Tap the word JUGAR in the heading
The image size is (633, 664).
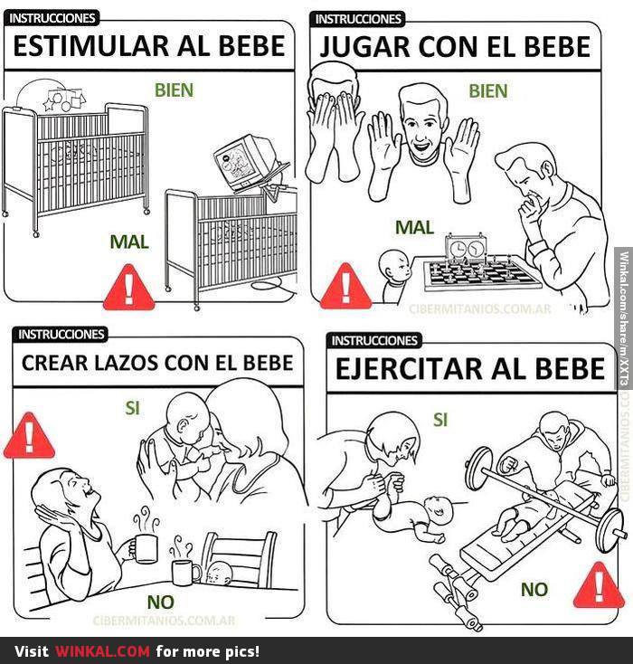[x=365, y=47]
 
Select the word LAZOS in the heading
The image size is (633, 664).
[x=126, y=363]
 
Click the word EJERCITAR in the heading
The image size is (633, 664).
[x=409, y=368]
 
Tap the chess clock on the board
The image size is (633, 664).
[x=466, y=247]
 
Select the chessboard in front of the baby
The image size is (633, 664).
[x=481, y=273]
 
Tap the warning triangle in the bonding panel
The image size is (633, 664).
[x=29, y=435]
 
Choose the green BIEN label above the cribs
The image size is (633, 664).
[x=174, y=90]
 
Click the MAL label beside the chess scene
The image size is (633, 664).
[x=414, y=227]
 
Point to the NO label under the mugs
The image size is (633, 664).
[x=161, y=602]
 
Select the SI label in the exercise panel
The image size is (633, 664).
[x=440, y=420]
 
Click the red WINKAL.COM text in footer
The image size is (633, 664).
[x=102, y=650]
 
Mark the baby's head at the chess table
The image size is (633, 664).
[x=394, y=266]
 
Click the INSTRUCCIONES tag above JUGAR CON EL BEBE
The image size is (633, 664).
[x=358, y=19]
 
